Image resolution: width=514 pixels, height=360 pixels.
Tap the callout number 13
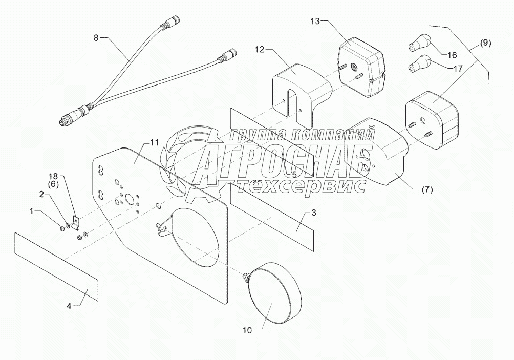click(x=315, y=20)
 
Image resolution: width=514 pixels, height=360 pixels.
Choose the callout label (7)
click(x=426, y=189)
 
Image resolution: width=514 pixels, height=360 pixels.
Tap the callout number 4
click(x=69, y=306)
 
